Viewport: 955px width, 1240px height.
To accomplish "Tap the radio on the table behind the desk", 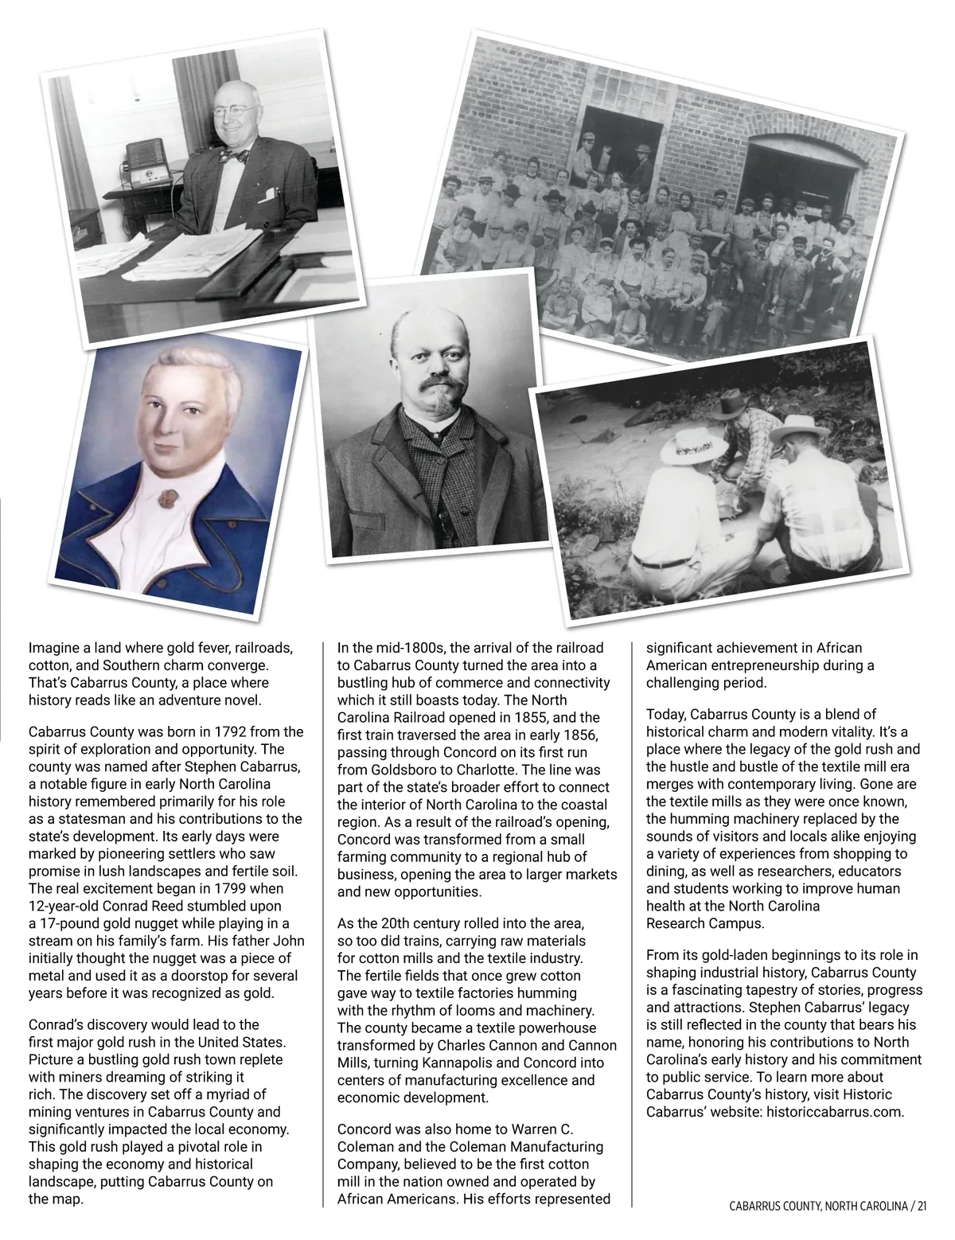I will click(143, 160).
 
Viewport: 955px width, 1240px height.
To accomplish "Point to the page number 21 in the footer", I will click(921, 1207).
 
